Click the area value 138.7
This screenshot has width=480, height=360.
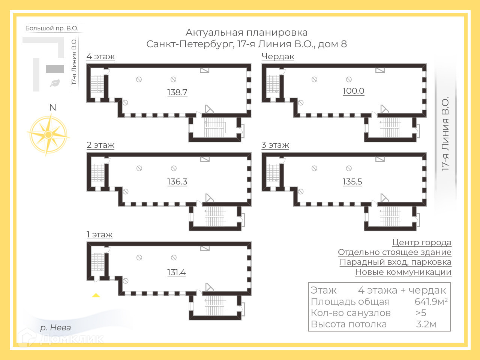coord(177,92)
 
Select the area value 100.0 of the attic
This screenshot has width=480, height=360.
coord(353,91)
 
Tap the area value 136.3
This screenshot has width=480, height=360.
coord(177,181)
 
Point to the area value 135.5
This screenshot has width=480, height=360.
coord(352,181)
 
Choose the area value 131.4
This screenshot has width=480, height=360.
coord(176,272)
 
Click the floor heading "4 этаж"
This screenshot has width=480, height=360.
coord(100,57)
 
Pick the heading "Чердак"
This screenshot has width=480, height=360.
coord(278,57)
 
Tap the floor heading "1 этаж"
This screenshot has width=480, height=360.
coord(100,235)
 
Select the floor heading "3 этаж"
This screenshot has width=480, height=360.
coord(275,145)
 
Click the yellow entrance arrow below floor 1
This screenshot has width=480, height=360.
coord(96,295)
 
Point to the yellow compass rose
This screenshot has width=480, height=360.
coord(48,134)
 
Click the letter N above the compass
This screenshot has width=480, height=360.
coord(52,108)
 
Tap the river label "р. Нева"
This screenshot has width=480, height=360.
coord(55,327)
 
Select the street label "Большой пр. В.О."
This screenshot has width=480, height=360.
coord(52,28)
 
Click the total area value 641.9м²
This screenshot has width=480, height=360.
coord(431,301)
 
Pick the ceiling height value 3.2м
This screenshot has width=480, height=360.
coord(426,324)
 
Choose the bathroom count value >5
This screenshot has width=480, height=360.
coord(421,313)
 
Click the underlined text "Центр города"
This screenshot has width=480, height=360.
coord(421,243)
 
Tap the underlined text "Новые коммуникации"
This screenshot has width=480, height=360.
coord(403,272)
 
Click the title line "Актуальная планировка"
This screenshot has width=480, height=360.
coord(246,33)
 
